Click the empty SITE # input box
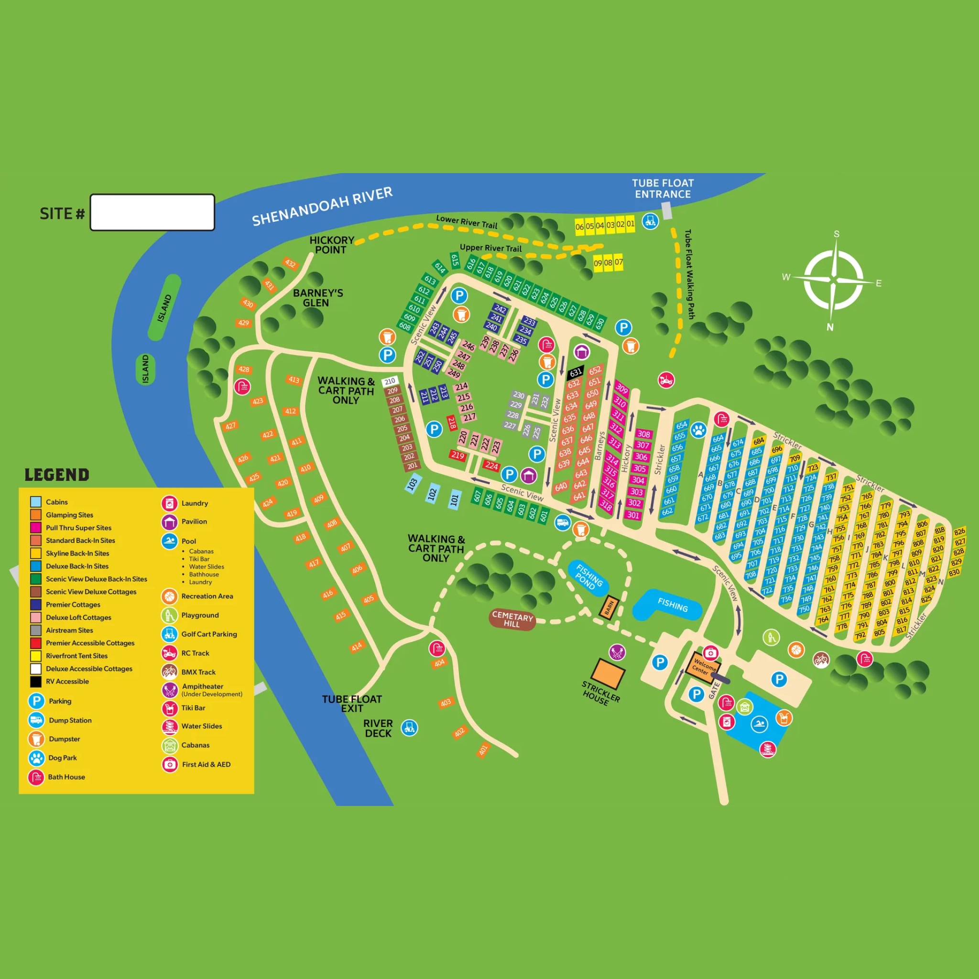[x=152, y=212]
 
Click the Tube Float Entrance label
[x=663, y=188]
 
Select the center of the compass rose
[x=833, y=280]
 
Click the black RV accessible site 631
[x=576, y=372]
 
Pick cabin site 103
[x=413, y=483]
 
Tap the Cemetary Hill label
[x=512, y=619]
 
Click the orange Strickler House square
[x=608, y=674]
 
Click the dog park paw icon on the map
[x=699, y=430]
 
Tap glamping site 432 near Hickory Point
[x=290, y=263]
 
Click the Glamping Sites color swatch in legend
[x=35, y=515]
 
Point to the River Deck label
[x=378, y=728]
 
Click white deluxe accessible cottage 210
[x=390, y=381]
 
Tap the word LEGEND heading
[x=57, y=475]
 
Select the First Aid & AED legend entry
[x=206, y=764]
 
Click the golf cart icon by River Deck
[x=410, y=728]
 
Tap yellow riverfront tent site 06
[x=579, y=227]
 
